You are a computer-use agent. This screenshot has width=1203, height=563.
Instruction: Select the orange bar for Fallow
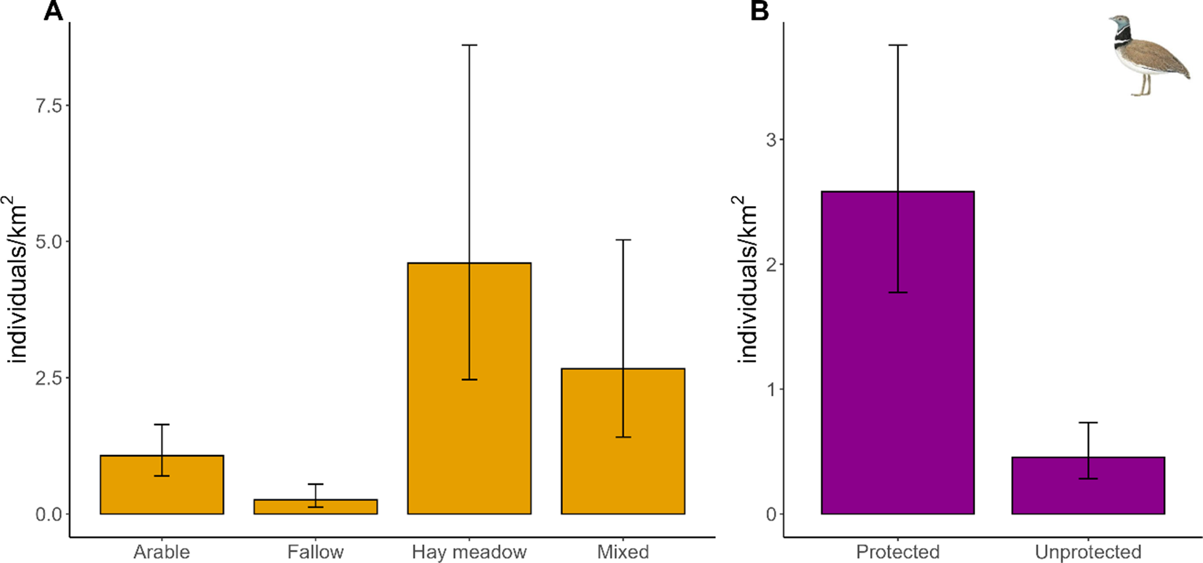point(315,507)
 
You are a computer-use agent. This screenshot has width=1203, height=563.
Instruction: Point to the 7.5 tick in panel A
point(49,106)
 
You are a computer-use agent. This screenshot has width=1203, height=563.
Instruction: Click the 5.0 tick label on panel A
point(49,242)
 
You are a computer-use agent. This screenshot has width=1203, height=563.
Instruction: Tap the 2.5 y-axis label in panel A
point(49,378)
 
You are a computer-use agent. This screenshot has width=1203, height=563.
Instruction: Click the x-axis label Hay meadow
point(469,552)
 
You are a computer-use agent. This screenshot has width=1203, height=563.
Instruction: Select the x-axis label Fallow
point(315,552)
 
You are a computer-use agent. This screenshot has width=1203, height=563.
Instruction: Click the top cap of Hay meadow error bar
point(469,45)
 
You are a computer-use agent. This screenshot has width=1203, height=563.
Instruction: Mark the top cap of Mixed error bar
point(623,240)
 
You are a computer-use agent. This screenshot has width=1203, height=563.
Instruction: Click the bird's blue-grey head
point(1118,23)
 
